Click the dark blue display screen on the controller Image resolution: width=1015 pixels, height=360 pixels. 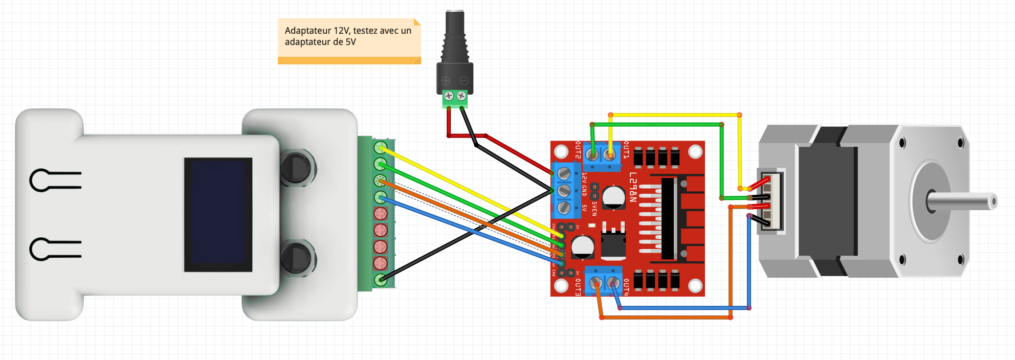pyautogui.click(x=218, y=214)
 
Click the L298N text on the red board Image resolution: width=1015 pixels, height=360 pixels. pyautogui.click(x=633, y=187)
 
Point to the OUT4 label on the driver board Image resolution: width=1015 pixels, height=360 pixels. pyautogui.click(x=626, y=287)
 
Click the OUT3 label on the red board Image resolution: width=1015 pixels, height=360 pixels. pyautogui.click(x=578, y=287)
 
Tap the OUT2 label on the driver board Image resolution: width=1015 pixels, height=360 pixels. pyautogui.click(x=578, y=150)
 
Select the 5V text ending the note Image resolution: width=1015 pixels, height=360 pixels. pyautogui.click(x=350, y=42)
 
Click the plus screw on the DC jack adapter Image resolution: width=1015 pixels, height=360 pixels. pyautogui.click(x=449, y=96)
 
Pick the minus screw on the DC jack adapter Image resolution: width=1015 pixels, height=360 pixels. pyautogui.click(x=461, y=96)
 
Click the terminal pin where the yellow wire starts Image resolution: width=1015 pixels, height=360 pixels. pyautogui.click(x=380, y=148)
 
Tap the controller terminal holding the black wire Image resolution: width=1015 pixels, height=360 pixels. pyautogui.click(x=380, y=280)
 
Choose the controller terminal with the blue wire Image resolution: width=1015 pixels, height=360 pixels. pyautogui.click(x=380, y=197)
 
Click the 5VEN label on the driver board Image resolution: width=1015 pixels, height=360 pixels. pyautogui.click(x=594, y=208)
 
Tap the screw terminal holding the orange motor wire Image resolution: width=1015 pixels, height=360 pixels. pyautogui.click(x=595, y=282)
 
